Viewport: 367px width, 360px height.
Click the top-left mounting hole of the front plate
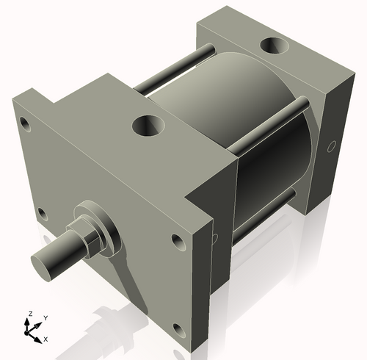[x=26, y=122]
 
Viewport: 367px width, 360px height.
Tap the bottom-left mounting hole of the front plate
[x=41, y=214]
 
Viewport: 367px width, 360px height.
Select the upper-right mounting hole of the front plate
[x=178, y=240]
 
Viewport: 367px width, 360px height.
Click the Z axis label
[x=29, y=314]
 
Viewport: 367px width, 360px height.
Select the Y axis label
[x=45, y=317]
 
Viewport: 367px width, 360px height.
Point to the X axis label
[x=46, y=339]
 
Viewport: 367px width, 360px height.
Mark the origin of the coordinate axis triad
[x=31, y=331]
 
